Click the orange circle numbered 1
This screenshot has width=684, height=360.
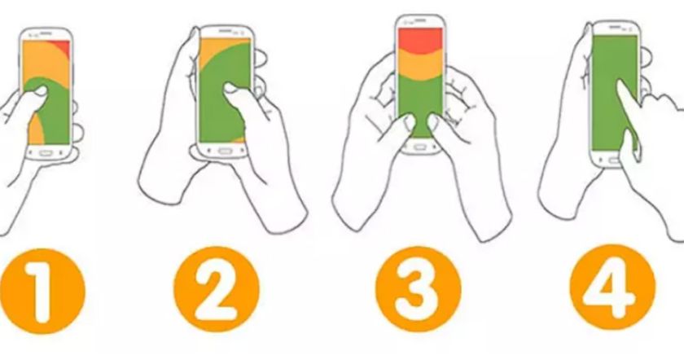pyautogui.click(x=42, y=291)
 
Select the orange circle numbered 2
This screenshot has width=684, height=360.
pyautogui.click(x=217, y=289)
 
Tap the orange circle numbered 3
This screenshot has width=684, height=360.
pyautogui.click(x=419, y=289)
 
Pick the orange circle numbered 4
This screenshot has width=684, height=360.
pyautogui.click(x=613, y=288)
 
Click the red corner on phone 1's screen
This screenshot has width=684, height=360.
pyautogui.click(x=65, y=46)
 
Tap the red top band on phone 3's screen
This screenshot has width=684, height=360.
pyautogui.click(x=419, y=38)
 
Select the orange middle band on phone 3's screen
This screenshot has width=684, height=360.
pyautogui.click(x=419, y=65)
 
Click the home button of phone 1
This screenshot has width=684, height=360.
pyautogui.click(x=46, y=153)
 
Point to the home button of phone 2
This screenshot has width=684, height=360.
pyautogui.click(x=225, y=151)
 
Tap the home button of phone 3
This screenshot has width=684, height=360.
pyautogui.click(x=419, y=147)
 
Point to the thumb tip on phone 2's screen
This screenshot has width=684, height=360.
pyautogui.click(x=231, y=89)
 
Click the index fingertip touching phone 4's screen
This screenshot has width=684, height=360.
pyautogui.click(x=620, y=84)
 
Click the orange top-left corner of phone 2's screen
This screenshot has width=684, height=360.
pyautogui.click(x=209, y=47)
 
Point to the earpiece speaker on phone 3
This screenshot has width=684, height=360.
pyautogui.click(x=419, y=20)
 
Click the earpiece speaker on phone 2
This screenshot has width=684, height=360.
pyautogui.click(x=225, y=32)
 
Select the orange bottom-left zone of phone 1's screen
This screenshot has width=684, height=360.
pyautogui.click(x=35, y=131)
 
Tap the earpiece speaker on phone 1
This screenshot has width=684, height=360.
pyautogui.click(x=46, y=33)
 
